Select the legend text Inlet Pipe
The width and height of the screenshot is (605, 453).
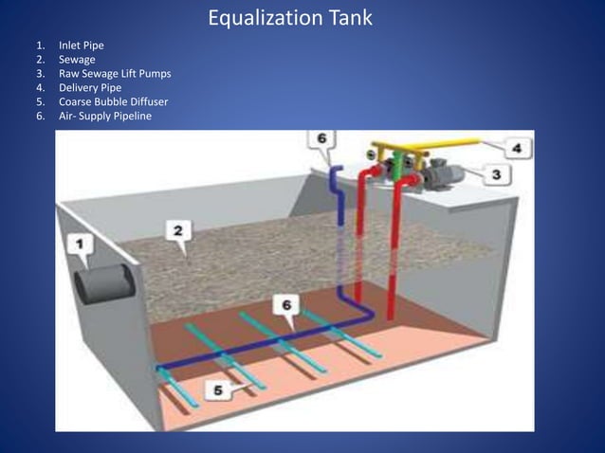pyautogui.click(x=82, y=45)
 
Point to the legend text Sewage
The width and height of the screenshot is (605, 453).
pyautogui.click(x=77, y=59)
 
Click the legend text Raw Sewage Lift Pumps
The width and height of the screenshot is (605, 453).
pyautogui.click(x=115, y=73)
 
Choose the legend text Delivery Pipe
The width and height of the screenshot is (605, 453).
pyautogui.click(x=91, y=87)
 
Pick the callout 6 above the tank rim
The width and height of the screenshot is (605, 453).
pyautogui.click(x=321, y=138)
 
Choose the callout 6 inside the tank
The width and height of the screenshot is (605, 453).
pyautogui.click(x=286, y=304)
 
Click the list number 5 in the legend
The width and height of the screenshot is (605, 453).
pyautogui.click(x=41, y=101)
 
